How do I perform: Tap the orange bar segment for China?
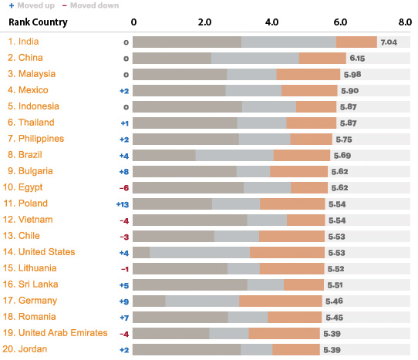[322, 58]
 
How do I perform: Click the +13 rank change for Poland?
[122, 204]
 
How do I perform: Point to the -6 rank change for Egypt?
[123, 188]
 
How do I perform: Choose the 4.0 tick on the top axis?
[271, 22]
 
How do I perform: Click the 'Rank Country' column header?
[38, 22]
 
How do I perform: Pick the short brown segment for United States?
[141, 252]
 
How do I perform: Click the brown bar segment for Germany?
[149, 301]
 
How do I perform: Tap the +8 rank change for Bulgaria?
[123, 172]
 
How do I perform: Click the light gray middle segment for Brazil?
[234, 155]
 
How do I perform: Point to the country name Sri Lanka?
[35, 284]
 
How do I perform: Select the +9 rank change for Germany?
[123, 301]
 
